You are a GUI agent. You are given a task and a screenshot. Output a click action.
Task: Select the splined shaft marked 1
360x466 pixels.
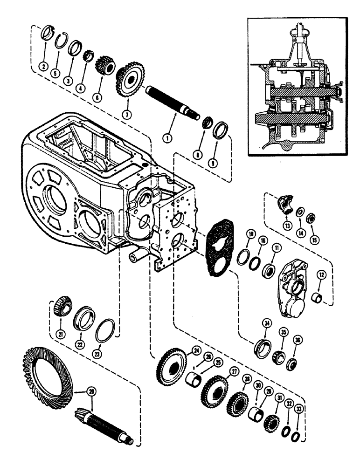173,104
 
